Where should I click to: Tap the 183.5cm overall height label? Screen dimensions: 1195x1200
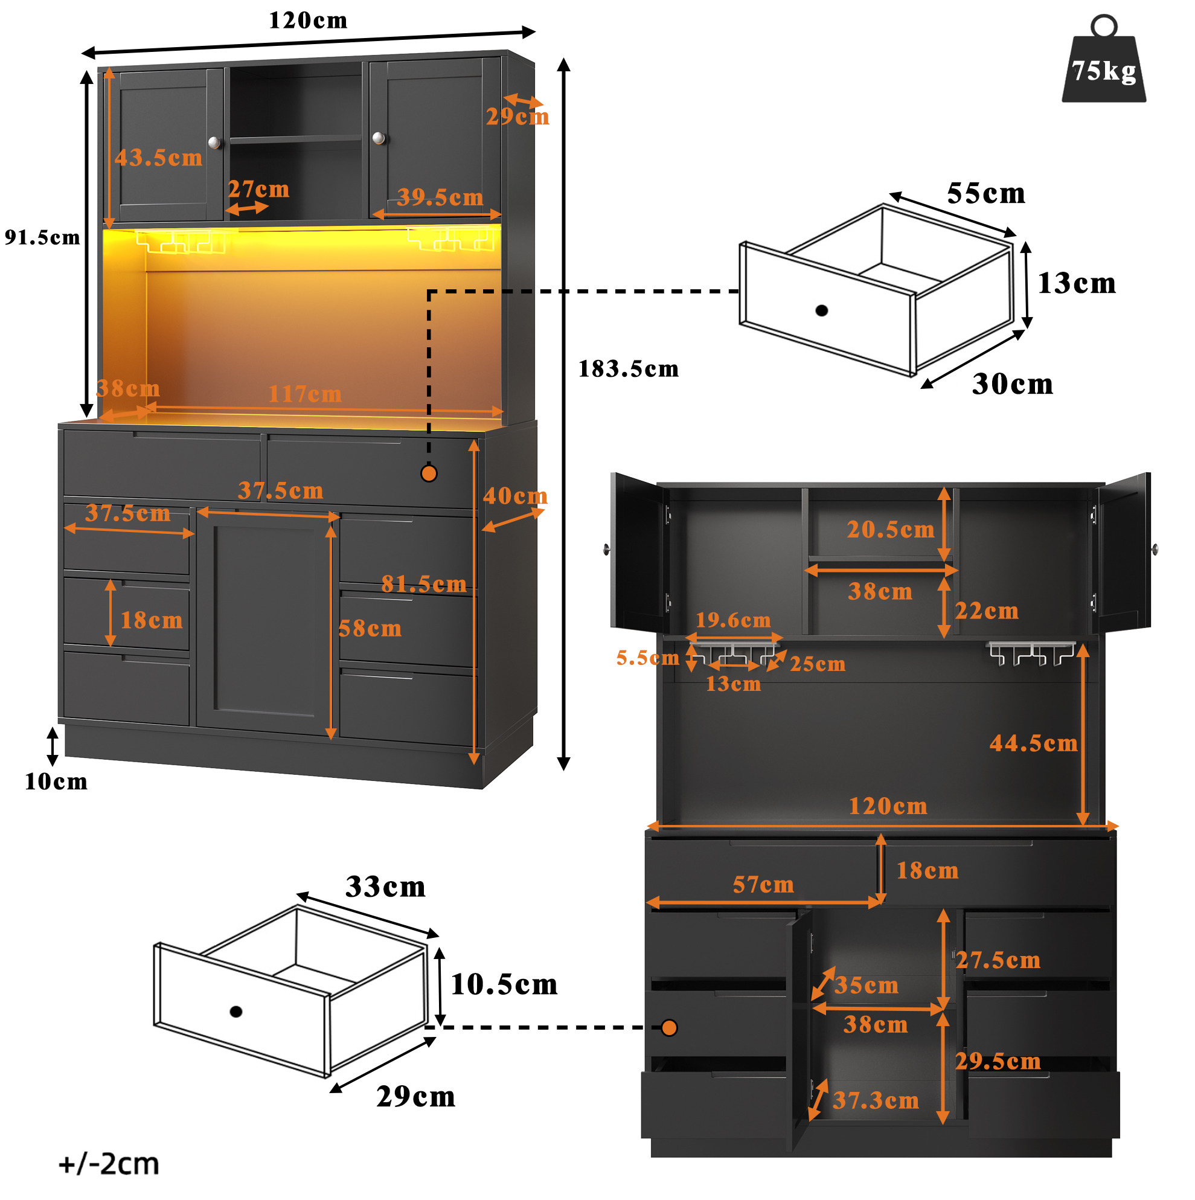[629, 369]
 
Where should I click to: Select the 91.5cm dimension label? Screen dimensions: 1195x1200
[42, 237]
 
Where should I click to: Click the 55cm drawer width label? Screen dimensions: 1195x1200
[985, 193]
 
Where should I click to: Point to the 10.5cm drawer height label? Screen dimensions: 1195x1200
[504, 984]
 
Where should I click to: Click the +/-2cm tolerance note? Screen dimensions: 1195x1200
[109, 1163]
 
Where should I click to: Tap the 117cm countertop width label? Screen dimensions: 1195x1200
[305, 394]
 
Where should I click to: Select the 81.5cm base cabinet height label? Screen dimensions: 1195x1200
[423, 584]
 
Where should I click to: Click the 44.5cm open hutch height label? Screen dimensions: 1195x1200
[1034, 743]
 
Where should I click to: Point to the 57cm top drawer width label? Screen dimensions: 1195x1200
[763, 885]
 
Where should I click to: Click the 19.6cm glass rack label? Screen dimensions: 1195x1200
[733, 620]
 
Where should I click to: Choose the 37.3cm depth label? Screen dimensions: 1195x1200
[876, 1100]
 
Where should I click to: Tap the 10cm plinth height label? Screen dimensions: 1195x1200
[56, 781]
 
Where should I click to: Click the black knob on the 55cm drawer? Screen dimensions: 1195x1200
[822, 310]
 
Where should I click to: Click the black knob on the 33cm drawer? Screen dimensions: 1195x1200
[236, 1012]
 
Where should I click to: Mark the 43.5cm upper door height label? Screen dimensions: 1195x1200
[158, 158]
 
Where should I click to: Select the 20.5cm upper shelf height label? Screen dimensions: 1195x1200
[891, 529]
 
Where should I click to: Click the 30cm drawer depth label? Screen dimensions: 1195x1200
[1013, 384]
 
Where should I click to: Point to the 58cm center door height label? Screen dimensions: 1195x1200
[370, 629]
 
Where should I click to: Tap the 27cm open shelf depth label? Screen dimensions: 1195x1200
[258, 189]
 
